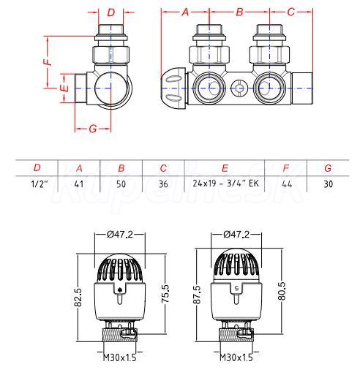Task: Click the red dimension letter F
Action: [x=49, y=61]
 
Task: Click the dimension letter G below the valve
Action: [x=93, y=129]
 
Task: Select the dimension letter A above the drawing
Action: [x=186, y=12]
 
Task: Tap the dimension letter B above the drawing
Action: [x=240, y=12]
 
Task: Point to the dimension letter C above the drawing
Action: [x=290, y=12]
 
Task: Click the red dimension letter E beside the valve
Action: [x=65, y=88]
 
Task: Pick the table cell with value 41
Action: [x=79, y=183]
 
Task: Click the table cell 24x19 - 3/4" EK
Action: [x=225, y=183]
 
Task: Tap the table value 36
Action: [x=163, y=183]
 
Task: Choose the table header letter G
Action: [x=328, y=168]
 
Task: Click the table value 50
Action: [x=121, y=183]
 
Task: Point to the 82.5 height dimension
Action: [x=78, y=298]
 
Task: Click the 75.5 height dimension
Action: [x=165, y=294]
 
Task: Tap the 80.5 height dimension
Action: [x=282, y=291]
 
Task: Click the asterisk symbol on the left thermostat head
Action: [x=119, y=289]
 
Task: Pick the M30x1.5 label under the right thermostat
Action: [x=236, y=357]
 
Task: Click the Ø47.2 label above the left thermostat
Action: [x=120, y=234]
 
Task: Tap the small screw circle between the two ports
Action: [x=239, y=88]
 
